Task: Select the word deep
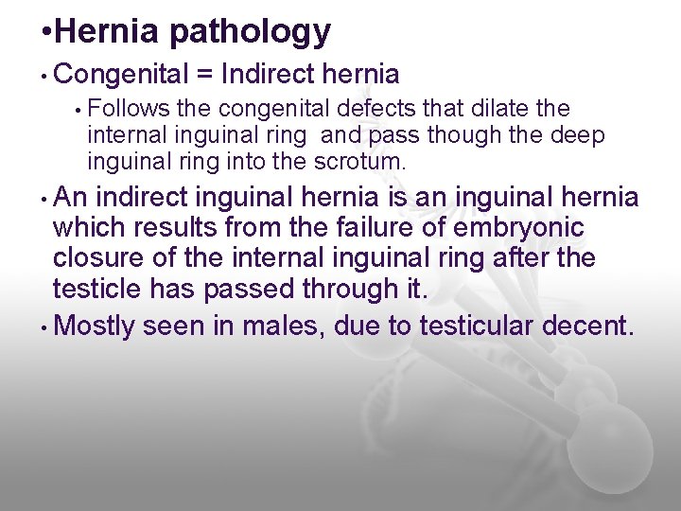[574, 135]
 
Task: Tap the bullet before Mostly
[44, 326]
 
